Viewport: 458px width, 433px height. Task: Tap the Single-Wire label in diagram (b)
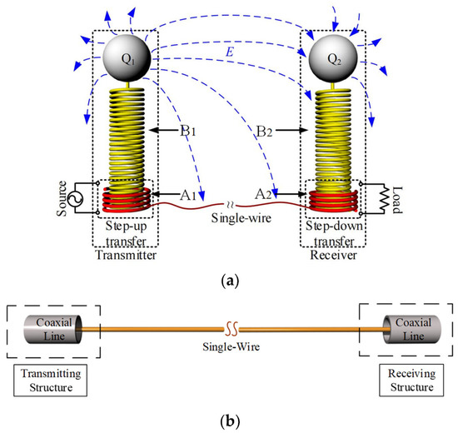[229, 341]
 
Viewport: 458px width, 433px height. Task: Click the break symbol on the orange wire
[229, 325]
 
